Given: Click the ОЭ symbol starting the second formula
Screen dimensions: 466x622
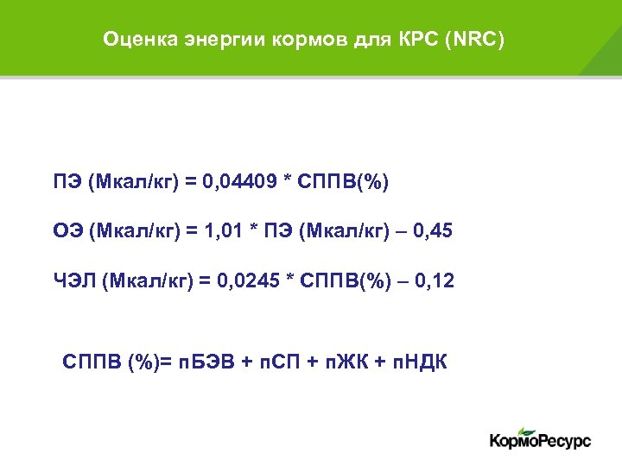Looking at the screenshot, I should click(68, 232).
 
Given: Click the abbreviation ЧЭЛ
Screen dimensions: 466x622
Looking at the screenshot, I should click(73, 281).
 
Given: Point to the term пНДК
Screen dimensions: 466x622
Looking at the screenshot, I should click(419, 360).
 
